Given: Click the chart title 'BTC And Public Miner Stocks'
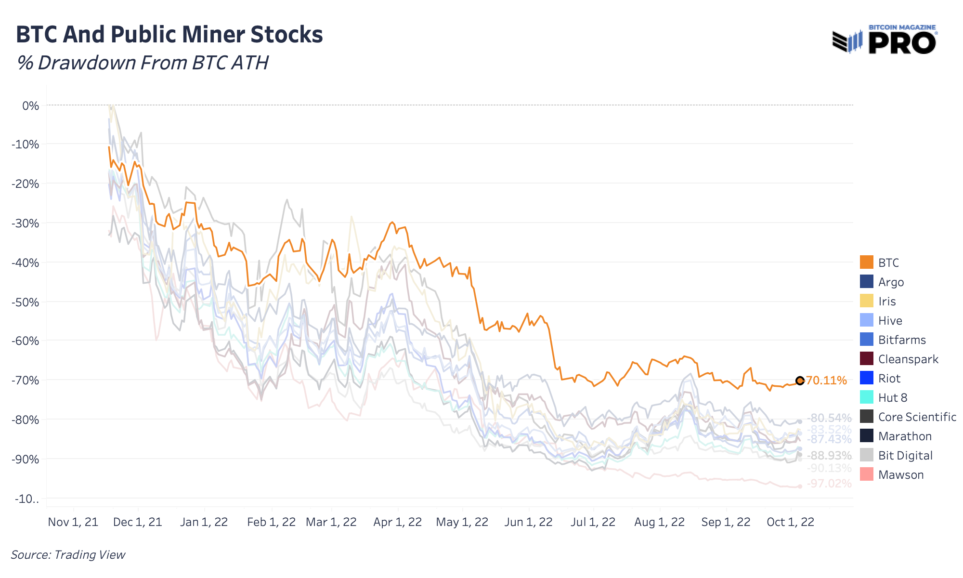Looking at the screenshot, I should [x=169, y=35].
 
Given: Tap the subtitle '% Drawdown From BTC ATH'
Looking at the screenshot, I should [x=143, y=63].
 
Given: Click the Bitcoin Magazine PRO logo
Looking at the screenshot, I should [x=884, y=40].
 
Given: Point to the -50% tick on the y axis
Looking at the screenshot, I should [x=27, y=302].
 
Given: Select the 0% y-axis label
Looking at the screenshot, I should [x=30, y=105].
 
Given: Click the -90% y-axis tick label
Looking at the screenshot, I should [x=27, y=459].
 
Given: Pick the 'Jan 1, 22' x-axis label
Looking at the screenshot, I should [x=204, y=522].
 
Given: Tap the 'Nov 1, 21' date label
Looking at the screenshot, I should [x=73, y=522].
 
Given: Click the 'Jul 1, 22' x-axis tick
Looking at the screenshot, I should [x=593, y=522].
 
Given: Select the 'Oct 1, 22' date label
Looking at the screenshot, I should [x=790, y=522].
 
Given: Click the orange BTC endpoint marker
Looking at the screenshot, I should [x=800, y=381].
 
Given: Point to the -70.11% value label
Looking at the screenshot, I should [x=826, y=381].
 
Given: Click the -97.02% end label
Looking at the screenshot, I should [x=829, y=484].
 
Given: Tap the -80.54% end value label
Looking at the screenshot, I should [x=829, y=418].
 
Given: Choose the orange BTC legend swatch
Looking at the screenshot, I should [x=866, y=263].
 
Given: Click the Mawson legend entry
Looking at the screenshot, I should [x=900, y=474].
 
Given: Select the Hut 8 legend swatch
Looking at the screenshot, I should [x=866, y=397].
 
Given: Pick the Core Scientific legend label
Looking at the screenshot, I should [x=917, y=417].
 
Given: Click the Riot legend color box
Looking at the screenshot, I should [x=866, y=378].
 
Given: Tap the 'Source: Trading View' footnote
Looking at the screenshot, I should [x=68, y=554].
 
